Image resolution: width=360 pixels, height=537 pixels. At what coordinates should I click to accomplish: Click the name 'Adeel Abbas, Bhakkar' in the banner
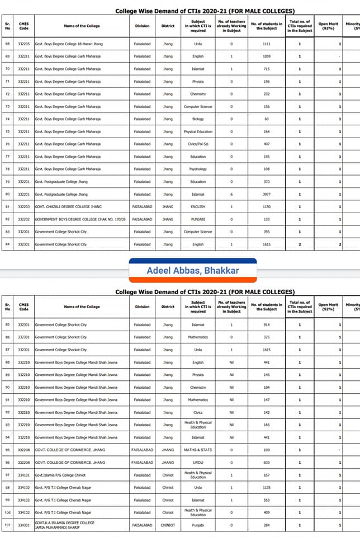193,271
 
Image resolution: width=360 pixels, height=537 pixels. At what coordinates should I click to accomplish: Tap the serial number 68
8,44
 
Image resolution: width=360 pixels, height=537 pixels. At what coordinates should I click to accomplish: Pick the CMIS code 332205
23,44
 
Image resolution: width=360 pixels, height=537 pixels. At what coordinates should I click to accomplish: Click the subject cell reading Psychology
198,169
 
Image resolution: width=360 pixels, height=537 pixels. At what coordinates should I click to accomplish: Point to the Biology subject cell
198,119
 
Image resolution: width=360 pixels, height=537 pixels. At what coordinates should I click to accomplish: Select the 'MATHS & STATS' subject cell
198,450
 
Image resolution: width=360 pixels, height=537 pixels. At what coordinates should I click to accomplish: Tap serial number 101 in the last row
8,525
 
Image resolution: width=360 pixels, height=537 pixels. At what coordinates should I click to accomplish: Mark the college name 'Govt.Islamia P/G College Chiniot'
60,475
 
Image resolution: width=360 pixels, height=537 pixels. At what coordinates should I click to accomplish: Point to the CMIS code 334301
23,525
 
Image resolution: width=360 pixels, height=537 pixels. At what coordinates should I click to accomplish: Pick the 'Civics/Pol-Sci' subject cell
198,144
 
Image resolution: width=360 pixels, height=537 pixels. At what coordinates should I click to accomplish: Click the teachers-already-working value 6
231,194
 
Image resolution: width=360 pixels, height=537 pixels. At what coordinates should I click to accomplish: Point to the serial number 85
8,324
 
